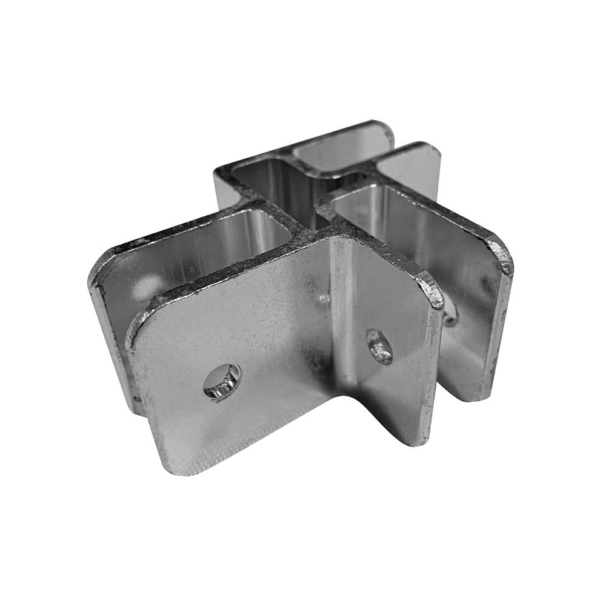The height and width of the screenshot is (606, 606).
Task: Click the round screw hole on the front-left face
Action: coord(222,380)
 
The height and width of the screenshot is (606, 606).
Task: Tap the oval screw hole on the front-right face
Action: coord(378,346)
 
